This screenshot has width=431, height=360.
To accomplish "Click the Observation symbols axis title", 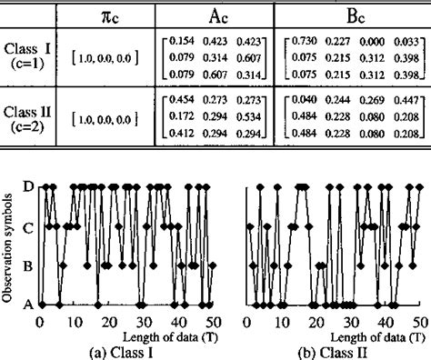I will (10, 245).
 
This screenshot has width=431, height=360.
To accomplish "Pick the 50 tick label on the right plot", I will (421, 322).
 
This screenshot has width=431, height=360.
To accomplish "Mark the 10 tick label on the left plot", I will (74, 322).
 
